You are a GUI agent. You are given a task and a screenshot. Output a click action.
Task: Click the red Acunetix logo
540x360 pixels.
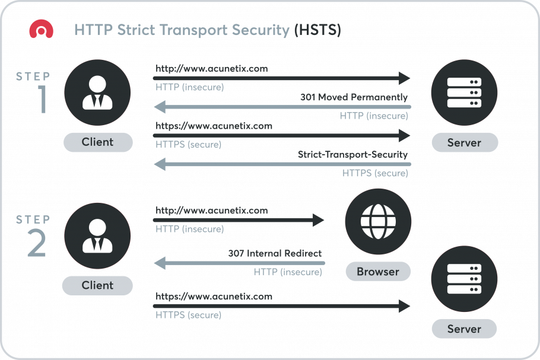coord(42,29)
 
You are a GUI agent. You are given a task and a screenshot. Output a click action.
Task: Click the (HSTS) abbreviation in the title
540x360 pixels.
coord(317,30)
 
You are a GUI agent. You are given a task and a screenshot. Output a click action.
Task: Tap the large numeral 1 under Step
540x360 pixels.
coord(43,99)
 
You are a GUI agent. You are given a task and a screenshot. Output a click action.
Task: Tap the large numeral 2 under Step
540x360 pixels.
coord(37,243)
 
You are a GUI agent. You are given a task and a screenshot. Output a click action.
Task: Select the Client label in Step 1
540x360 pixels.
coord(98,142)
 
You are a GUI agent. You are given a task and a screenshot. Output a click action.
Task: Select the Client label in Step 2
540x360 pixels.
coord(97,285)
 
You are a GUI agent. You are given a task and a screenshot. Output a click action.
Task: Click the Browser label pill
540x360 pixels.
coord(378,272)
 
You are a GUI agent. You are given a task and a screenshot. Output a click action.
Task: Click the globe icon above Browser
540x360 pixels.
coord(378,221)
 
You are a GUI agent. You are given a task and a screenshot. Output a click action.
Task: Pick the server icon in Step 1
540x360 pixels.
coord(464,93)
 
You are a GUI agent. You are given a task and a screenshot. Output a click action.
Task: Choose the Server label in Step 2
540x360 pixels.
coord(464,329)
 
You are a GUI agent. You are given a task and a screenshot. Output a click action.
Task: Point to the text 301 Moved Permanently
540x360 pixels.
coord(354,97)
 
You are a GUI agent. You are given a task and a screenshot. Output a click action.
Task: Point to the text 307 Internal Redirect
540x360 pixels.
coord(275,254)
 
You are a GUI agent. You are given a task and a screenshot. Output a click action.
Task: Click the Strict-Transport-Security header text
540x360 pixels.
coord(352,155)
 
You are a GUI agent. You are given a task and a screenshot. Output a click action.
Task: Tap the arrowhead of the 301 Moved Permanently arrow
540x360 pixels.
coord(160,107)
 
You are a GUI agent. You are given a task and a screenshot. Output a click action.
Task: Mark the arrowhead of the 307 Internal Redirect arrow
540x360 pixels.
coord(160,263)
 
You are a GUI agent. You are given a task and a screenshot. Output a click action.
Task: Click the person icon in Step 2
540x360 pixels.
coord(97,236)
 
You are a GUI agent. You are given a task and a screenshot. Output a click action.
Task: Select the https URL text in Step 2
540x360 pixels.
coord(214,297)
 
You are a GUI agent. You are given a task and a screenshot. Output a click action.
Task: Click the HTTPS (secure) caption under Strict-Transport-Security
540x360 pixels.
coord(375,173)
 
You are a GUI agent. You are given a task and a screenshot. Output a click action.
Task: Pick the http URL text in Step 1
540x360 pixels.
coord(212,68)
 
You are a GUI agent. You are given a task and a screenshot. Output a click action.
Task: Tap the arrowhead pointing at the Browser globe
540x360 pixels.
coord(318,220)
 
